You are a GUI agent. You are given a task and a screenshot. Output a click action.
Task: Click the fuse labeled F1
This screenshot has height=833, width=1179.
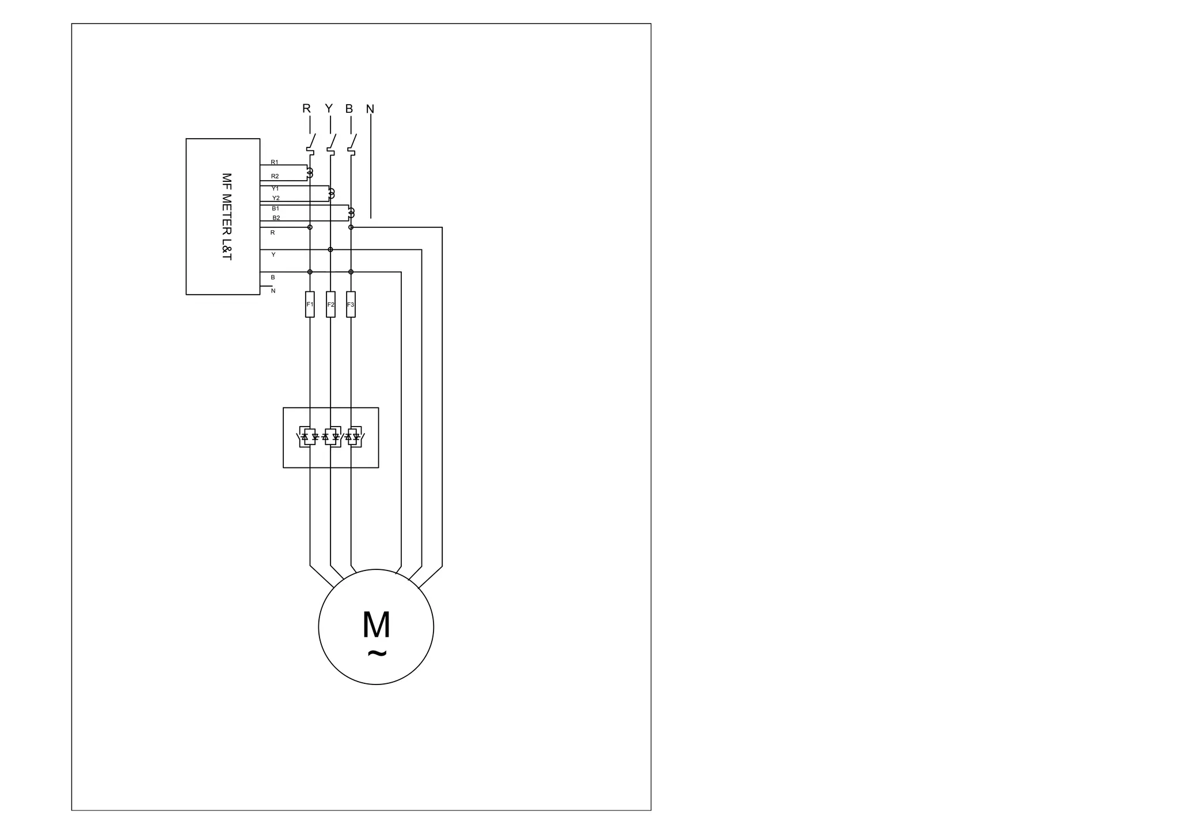(x=310, y=305)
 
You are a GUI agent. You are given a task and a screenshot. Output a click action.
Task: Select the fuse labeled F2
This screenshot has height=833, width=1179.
(x=330, y=305)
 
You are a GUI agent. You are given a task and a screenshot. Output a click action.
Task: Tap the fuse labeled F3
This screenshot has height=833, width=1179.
(x=351, y=305)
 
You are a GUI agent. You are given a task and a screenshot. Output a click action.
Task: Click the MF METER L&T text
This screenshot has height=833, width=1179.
(x=226, y=216)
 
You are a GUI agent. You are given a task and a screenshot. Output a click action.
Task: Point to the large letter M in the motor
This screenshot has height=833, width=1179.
(x=376, y=625)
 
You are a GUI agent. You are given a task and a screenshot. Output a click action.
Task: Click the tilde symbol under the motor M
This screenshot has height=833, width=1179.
(x=376, y=653)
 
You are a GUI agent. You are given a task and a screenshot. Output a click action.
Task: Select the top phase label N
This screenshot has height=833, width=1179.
(x=370, y=109)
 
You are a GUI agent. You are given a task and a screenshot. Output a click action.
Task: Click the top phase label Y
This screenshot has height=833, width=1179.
(x=329, y=109)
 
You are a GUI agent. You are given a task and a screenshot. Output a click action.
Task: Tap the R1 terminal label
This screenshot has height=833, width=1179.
(x=275, y=162)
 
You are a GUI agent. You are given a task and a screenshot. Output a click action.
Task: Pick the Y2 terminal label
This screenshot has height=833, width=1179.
(x=276, y=198)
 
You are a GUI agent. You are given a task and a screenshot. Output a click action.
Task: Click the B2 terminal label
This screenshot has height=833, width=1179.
(x=276, y=218)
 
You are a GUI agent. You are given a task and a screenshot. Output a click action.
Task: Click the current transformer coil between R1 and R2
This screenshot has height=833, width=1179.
(x=310, y=172)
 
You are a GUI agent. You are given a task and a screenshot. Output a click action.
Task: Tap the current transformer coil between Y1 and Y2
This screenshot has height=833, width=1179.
(x=330, y=193)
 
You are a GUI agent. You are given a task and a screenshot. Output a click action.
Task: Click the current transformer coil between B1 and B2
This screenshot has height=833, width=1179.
(x=351, y=214)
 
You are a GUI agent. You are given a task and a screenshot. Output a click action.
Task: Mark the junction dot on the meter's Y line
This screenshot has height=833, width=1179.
(x=330, y=249)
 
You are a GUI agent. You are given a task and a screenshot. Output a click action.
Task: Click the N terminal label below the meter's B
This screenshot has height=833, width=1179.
(x=273, y=291)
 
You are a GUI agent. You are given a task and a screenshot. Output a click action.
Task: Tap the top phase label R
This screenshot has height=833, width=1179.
(x=306, y=109)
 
